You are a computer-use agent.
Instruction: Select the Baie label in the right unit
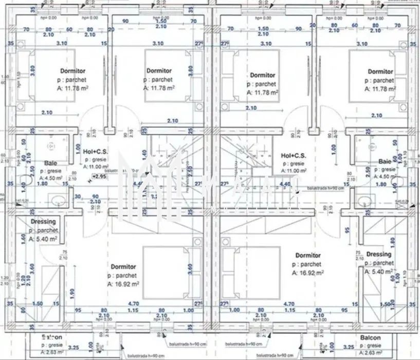pos(385,161)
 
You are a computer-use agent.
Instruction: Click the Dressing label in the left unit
pos(43,222)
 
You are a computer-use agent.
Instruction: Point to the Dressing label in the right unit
pos(379,254)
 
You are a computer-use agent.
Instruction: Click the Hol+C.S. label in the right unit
pos(294,155)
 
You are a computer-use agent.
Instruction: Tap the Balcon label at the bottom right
pos(370,338)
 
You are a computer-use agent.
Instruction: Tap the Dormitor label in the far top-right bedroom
pos(380,71)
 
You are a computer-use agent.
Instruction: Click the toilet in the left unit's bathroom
pos(24,179)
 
